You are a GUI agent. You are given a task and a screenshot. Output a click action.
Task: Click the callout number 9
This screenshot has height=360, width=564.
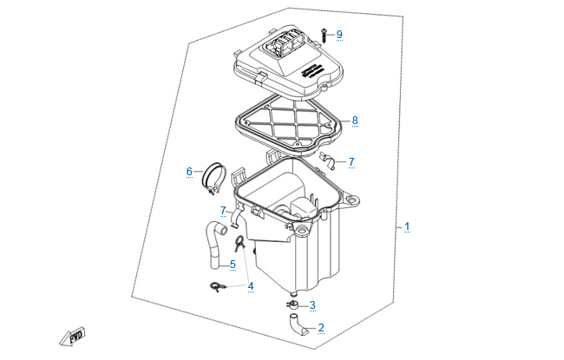(x=339, y=35)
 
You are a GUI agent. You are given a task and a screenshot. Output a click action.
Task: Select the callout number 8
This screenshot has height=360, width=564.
(x=355, y=120)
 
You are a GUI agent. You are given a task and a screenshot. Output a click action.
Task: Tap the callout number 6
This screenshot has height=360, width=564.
(x=189, y=172)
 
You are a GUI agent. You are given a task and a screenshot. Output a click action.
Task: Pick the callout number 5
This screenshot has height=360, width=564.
(x=233, y=265)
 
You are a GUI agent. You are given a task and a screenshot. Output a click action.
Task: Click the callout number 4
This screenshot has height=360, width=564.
(x=251, y=286)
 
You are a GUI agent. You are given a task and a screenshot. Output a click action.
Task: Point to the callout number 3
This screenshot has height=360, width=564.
(x=312, y=305)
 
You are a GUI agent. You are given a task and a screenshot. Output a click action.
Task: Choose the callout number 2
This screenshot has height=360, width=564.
(x=321, y=328)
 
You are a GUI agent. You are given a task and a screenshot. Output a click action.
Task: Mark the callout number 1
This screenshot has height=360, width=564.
(x=407, y=227)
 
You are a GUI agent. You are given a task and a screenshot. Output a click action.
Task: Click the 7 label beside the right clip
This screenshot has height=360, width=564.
(x=351, y=161)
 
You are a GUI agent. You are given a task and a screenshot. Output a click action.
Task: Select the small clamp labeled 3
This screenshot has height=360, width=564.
(x=293, y=304)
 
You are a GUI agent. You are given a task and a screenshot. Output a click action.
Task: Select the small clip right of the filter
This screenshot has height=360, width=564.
(x=327, y=160)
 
